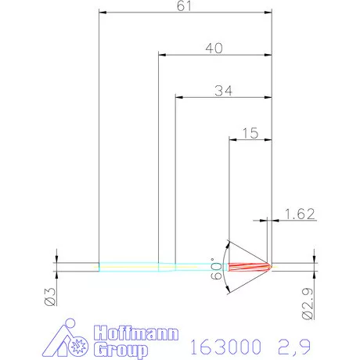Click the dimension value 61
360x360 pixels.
point(185,6)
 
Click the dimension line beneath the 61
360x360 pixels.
point(185,13)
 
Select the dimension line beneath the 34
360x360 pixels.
point(222,97)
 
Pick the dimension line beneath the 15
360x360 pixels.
point(249,139)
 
